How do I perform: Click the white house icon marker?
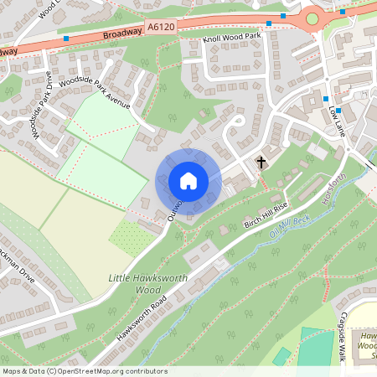click(x=188, y=180)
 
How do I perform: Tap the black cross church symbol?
click(x=261, y=161)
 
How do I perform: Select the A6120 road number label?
click(x=162, y=28)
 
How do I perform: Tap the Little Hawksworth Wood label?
click(x=135, y=283)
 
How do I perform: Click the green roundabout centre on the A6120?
click(x=312, y=18)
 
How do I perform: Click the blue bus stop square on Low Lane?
click(x=325, y=100)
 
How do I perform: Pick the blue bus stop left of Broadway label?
click(x=65, y=39)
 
